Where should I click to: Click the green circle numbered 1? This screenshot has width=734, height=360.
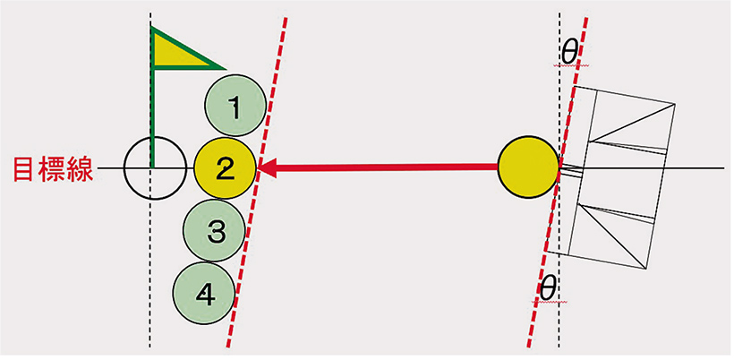click(235, 107)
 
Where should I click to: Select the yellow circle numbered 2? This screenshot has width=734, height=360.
click(226, 167)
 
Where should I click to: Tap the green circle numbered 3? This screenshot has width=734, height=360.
click(215, 231)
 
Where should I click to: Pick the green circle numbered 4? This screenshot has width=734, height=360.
click(204, 293)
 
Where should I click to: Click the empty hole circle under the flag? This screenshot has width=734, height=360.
click(150, 168)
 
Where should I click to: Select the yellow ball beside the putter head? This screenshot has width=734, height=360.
click(529, 167)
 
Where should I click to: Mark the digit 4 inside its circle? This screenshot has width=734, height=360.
click(204, 294)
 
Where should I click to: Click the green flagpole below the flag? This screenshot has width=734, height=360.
click(153, 116)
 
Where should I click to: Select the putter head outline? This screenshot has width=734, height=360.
click(618, 179)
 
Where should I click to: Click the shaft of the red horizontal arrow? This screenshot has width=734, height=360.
click(385, 167)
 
